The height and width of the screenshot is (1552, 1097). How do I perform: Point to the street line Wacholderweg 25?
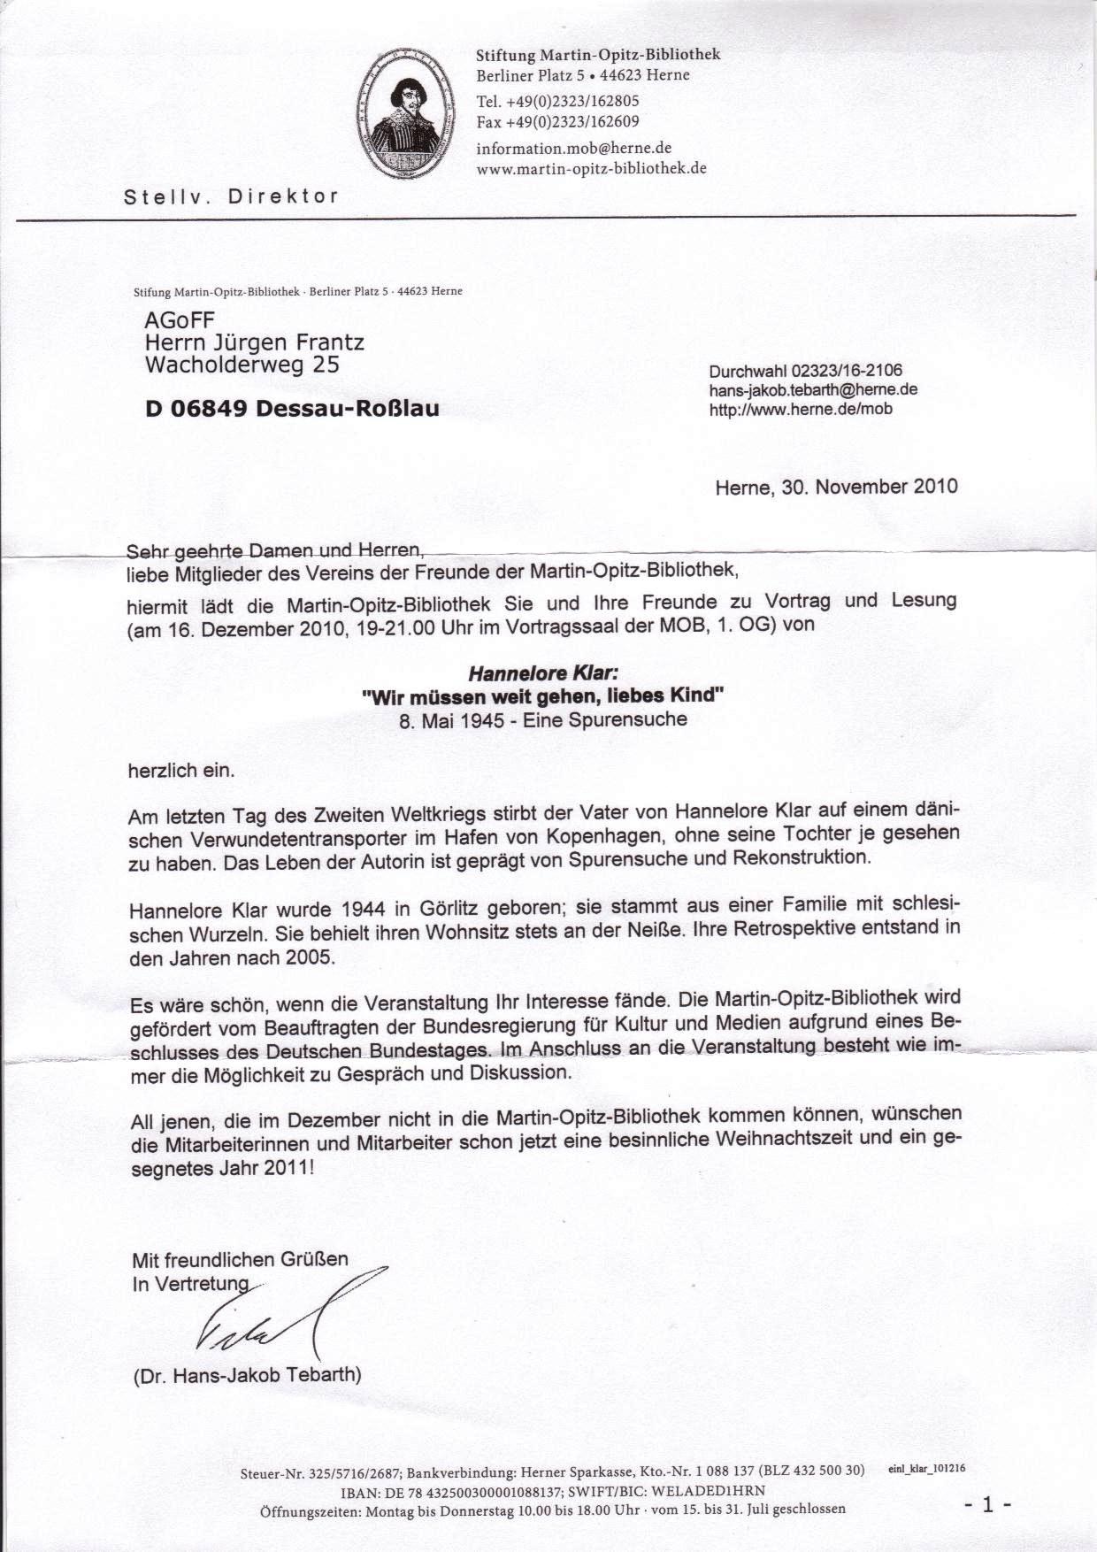tap(242, 365)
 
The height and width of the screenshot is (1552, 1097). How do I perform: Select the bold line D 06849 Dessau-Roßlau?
tap(292, 408)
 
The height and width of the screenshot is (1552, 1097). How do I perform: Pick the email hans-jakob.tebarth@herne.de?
tap(813, 390)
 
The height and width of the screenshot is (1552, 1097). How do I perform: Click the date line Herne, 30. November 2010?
tap(836, 487)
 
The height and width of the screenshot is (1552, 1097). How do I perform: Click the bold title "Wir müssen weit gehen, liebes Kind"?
tap(543, 696)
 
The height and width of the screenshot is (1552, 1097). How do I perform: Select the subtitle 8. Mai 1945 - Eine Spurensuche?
tap(543, 719)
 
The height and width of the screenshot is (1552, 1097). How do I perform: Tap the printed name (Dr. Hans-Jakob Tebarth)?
tap(247, 1376)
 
